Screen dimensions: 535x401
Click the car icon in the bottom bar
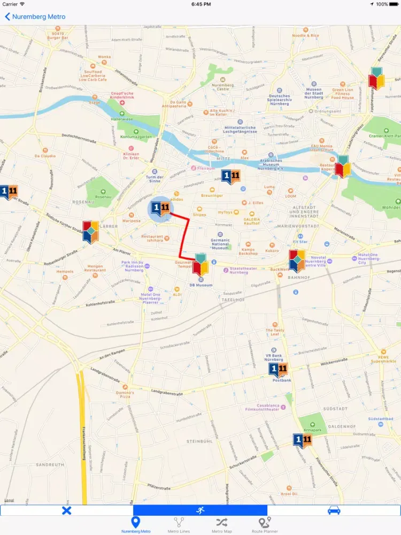click(334, 510)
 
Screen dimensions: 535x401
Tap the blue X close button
click(66, 510)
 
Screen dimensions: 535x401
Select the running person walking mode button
click(200, 510)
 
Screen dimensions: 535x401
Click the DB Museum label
click(200, 285)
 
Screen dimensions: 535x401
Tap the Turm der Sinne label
click(154, 179)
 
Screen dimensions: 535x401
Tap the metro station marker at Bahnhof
click(297, 261)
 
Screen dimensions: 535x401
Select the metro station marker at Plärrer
click(90, 232)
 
